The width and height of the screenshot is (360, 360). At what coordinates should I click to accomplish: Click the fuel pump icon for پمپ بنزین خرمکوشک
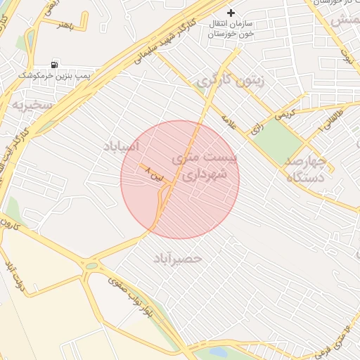point(55,64)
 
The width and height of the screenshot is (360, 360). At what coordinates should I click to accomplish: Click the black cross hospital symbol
point(231,13)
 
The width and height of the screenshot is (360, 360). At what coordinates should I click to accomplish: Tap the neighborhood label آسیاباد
point(122,146)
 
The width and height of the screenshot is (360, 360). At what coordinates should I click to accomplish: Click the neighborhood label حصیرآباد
point(177,258)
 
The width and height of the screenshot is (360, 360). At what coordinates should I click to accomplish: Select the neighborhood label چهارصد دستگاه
point(307,169)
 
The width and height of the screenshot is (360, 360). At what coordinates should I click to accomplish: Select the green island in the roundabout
point(91,266)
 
